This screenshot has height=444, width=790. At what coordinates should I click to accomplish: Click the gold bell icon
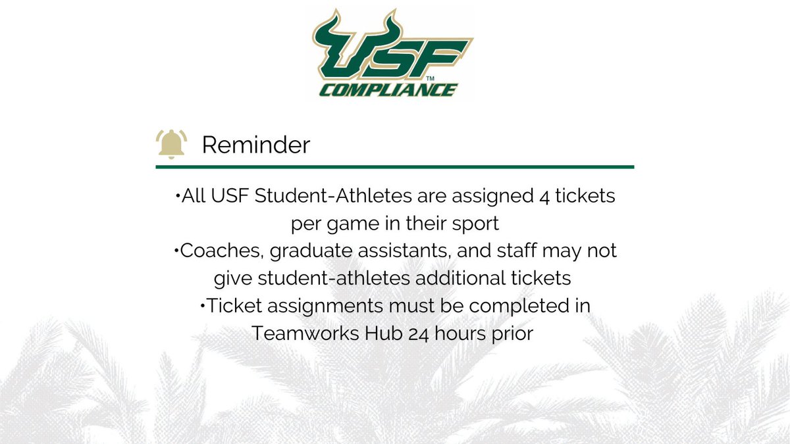(171, 143)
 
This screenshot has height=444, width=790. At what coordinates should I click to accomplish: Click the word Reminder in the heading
(255, 145)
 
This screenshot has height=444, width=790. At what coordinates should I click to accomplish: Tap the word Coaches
(208, 251)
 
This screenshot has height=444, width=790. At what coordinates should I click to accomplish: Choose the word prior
(508, 333)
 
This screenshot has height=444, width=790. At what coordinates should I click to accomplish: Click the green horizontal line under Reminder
(395, 167)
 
